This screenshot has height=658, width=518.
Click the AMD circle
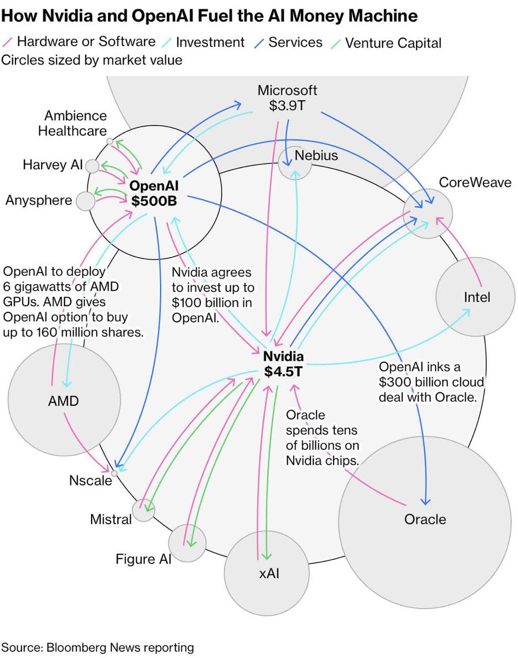(x=63, y=401)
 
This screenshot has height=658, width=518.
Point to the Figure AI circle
(x=187, y=543)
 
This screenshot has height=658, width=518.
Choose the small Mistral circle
(x=144, y=510)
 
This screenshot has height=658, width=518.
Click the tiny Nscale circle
(x=114, y=473)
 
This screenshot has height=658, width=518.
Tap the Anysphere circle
(x=86, y=201)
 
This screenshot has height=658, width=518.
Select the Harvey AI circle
(x=92, y=166)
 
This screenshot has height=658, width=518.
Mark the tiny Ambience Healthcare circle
(x=110, y=141)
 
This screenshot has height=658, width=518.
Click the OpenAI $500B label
(x=154, y=194)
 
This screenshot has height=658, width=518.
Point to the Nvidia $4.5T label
(x=283, y=364)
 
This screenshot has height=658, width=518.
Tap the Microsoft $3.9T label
(x=288, y=98)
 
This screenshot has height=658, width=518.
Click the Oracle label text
(x=425, y=519)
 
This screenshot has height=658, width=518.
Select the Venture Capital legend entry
(x=393, y=43)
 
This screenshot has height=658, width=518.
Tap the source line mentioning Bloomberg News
(x=98, y=647)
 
